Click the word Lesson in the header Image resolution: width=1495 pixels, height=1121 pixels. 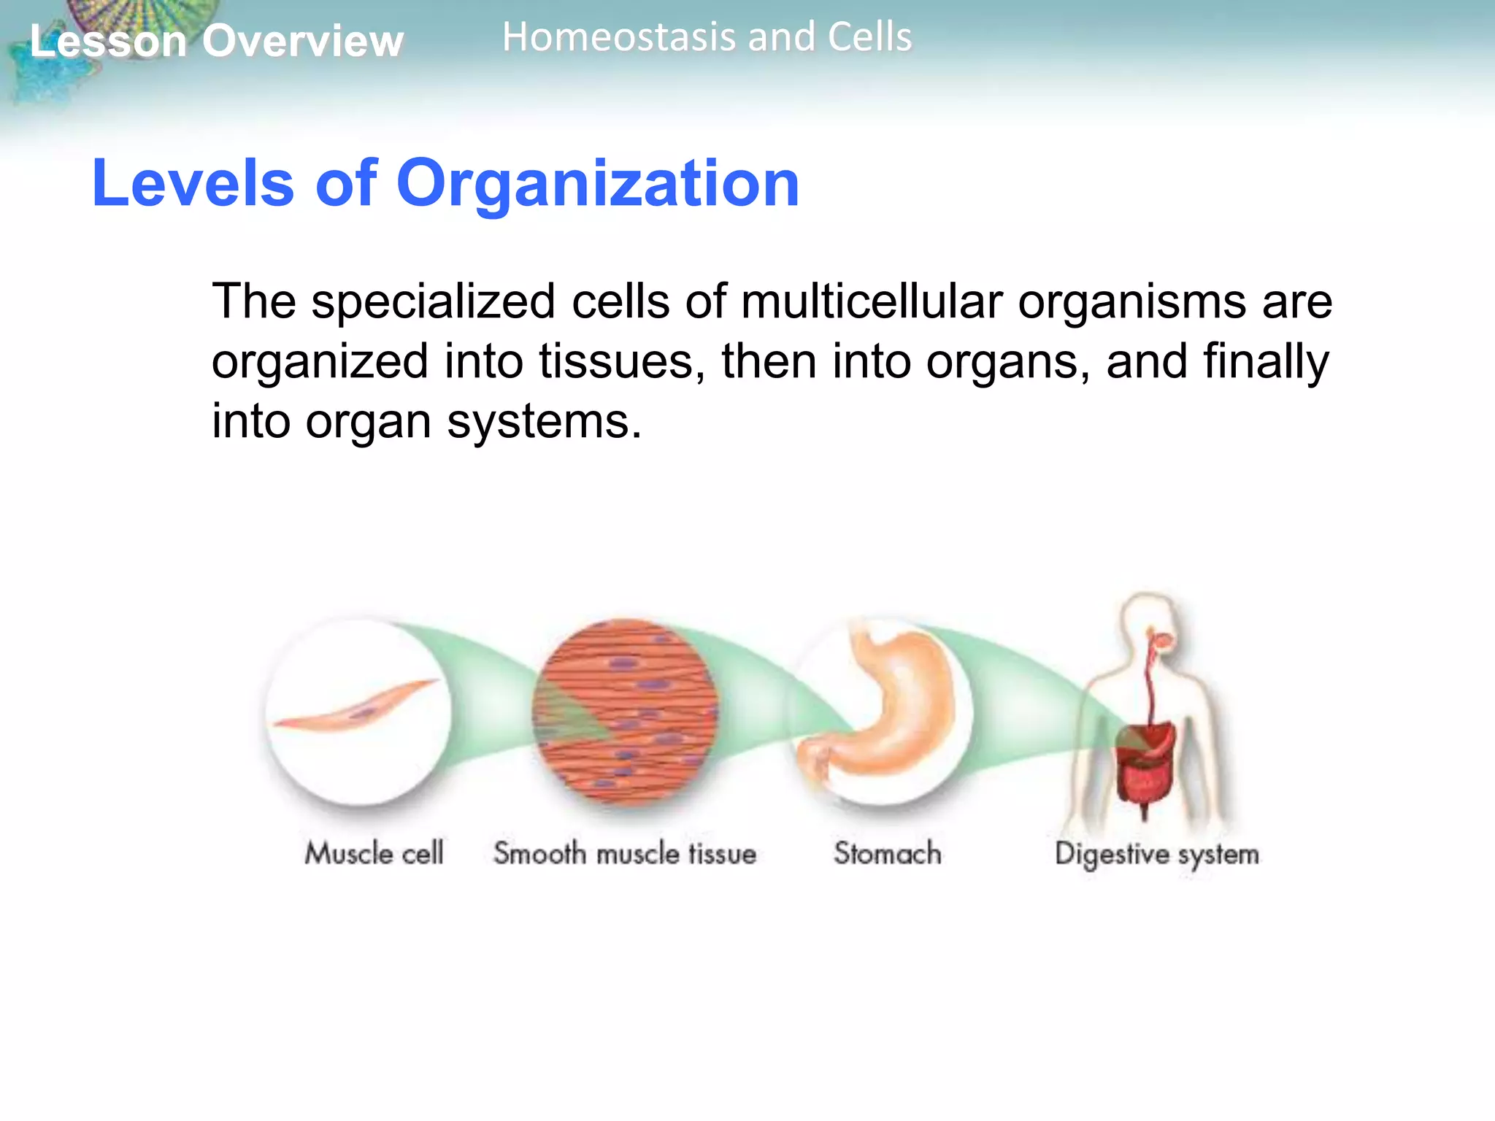[108, 41]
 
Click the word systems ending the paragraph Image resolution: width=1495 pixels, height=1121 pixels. [544, 421]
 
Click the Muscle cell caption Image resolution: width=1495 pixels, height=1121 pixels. [374, 852]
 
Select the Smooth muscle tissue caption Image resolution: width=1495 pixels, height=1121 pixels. [625, 852]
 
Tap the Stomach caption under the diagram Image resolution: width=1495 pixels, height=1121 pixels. [888, 852]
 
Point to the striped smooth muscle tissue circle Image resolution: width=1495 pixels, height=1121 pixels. [626, 712]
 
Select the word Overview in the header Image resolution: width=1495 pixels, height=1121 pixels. [302, 41]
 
